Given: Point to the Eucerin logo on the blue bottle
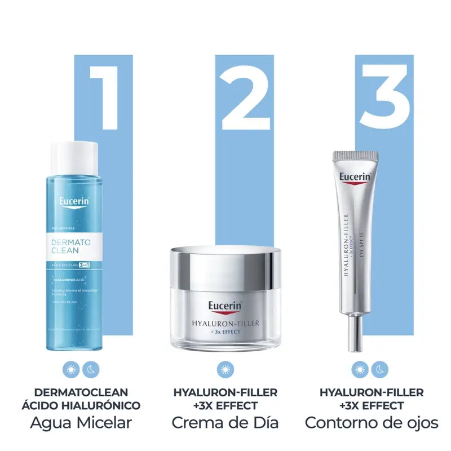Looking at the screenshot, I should coord(73,202).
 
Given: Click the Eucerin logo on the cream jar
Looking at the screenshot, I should coord(225,307).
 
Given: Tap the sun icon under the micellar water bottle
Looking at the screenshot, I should coord(72,370).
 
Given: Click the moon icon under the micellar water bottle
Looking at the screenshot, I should coord(90,370).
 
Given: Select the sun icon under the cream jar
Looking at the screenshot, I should coord(224,370).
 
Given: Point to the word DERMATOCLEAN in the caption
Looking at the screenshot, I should coord(81,392).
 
